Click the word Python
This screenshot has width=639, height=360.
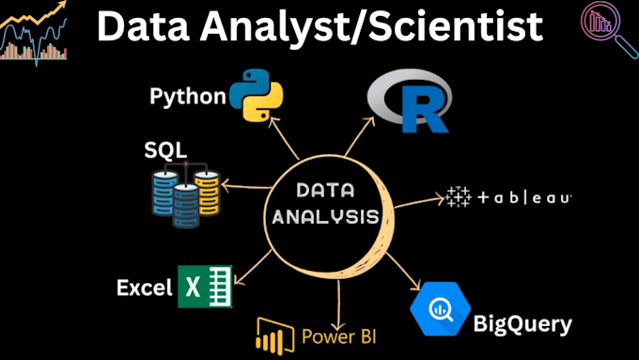(x=188, y=96)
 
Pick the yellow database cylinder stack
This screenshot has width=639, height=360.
(x=208, y=192)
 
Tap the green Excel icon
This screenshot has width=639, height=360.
(x=205, y=287)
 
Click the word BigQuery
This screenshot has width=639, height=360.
(x=522, y=324)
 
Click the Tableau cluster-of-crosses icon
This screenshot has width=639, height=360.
(x=459, y=197)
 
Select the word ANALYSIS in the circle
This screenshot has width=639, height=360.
(x=320, y=217)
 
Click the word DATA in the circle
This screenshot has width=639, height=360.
(x=322, y=191)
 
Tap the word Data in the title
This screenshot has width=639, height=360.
(x=146, y=26)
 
